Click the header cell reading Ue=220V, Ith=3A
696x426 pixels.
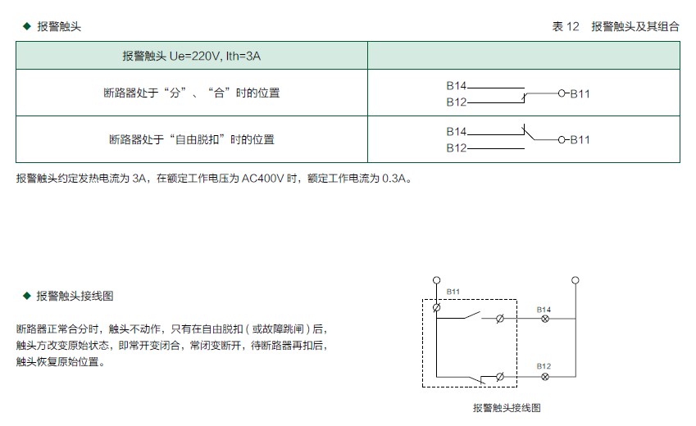tap(191, 56)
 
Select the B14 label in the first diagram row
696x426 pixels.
tap(457, 86)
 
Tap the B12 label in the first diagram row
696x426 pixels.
tap(457, 102)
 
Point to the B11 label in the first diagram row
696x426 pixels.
tap(580, 93)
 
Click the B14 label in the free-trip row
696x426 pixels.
tap(457, 131)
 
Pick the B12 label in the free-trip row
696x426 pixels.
tap(457, 147)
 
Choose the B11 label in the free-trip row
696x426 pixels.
tap(580, 140)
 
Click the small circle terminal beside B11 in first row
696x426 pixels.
tap(562, 93)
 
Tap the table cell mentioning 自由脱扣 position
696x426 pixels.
tap(192, 139)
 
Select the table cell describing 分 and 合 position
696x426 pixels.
tap(192, 93)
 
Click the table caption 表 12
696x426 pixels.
tap(566, 26)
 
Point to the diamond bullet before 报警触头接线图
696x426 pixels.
tap(26, 296)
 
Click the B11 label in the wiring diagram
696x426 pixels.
tap(453, 292)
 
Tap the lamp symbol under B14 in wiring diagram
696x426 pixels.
tap(545, 319)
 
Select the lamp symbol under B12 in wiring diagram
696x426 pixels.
tap(545, 377)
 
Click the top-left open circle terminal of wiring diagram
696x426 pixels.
tap(436, 280)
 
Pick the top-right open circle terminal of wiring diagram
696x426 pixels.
tap(575, 280)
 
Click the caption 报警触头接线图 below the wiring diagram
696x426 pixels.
tap(507, 408)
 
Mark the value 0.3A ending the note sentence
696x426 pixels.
tap(394, 179)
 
